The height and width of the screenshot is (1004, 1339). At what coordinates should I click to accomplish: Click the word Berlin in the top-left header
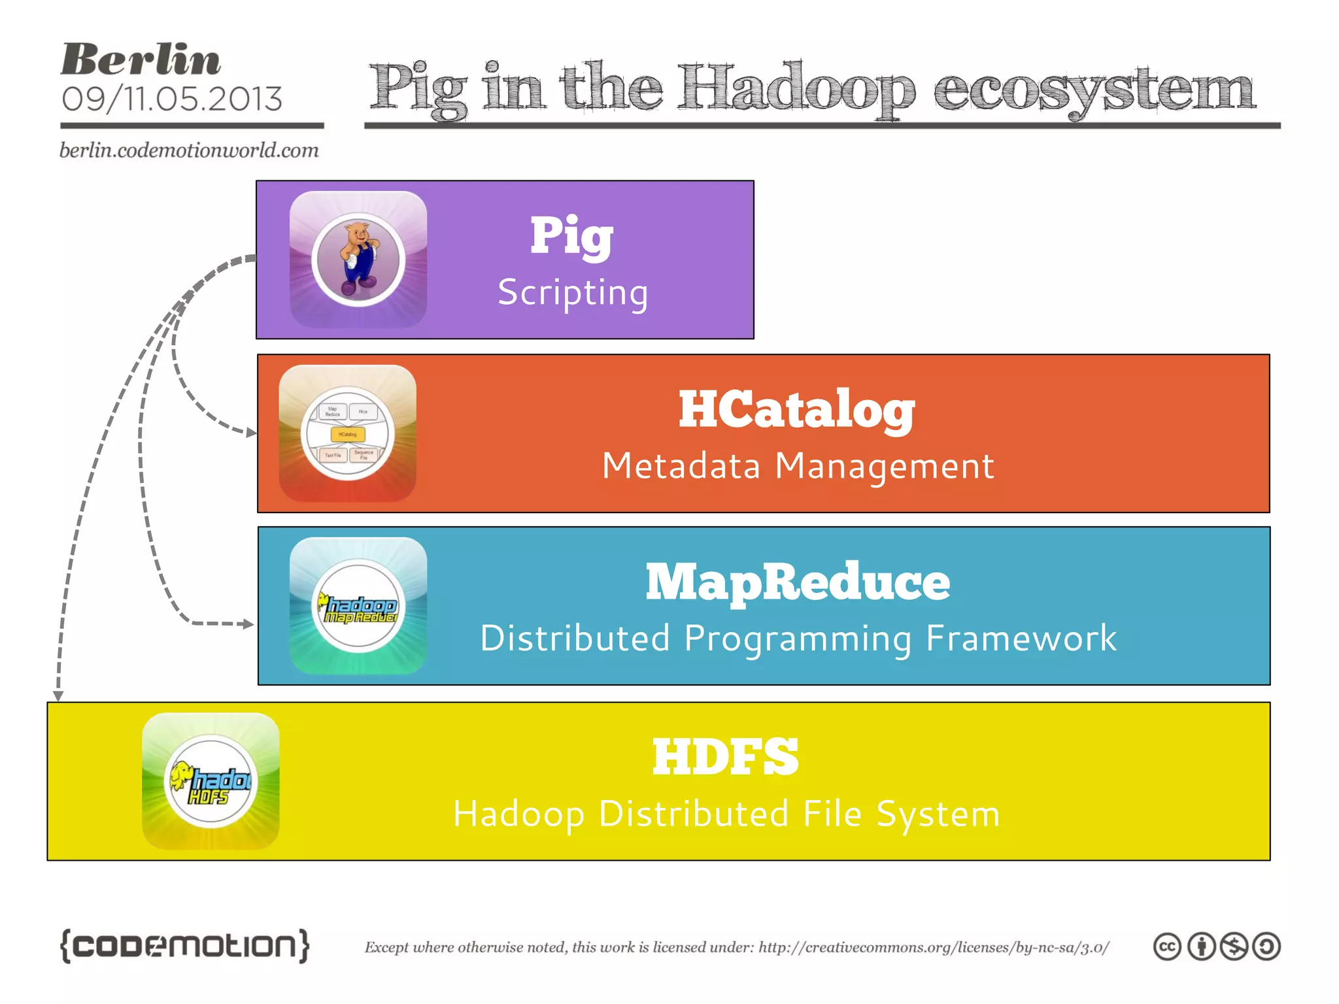coord(141,60)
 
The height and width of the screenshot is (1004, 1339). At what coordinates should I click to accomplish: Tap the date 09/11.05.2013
coord(171,99)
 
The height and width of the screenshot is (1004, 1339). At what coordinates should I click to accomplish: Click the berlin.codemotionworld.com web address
coord(189,150)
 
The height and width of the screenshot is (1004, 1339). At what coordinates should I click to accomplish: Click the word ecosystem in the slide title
coord(1093,90)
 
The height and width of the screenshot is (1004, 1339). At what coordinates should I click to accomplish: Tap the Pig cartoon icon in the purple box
coord(358,259)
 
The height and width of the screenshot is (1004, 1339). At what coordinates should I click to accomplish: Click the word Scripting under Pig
coord(573,292)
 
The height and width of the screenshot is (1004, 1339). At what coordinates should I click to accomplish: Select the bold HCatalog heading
coord(796,410)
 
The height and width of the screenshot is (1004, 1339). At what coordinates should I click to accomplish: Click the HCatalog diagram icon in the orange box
coord(348,433)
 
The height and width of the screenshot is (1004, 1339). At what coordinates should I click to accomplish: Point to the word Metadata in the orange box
coord(681,466)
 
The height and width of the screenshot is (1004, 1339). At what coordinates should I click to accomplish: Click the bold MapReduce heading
coord(798,582)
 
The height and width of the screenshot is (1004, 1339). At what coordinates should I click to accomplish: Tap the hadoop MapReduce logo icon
coord(358,606)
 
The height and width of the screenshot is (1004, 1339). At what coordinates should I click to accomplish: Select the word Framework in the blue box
coord(1021,638)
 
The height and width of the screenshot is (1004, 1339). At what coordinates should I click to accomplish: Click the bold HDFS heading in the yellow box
coord(726,756)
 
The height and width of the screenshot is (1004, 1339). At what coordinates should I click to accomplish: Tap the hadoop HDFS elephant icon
coord(211,781)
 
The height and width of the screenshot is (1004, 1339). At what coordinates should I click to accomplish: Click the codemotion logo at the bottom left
coord(184,945)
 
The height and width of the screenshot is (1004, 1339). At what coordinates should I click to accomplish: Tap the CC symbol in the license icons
coord(1167,946)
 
